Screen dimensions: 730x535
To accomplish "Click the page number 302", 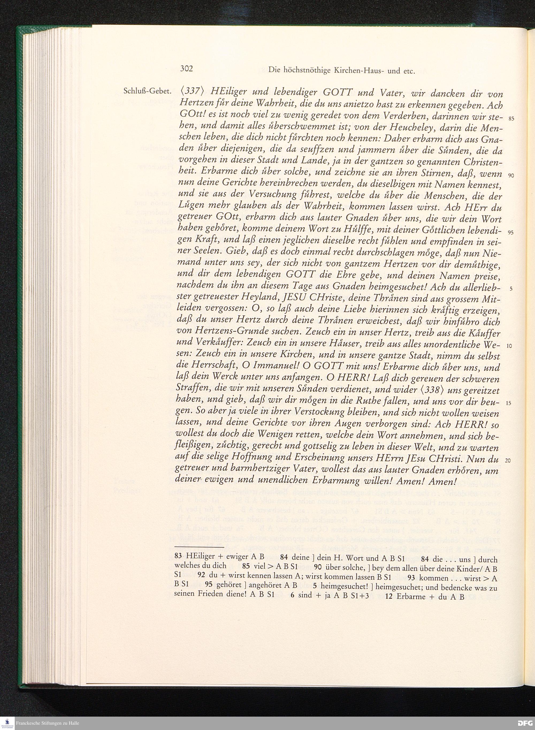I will (x=186, y=69).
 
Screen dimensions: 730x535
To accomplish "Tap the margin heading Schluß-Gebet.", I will (x=147, y=91).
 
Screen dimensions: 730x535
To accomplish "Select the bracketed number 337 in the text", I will (x=192, y=92).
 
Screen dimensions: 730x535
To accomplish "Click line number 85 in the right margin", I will (x=511, y=119).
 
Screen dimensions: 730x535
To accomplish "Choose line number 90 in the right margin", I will (x=511, y=176).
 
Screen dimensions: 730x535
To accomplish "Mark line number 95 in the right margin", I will (x=511, y=233).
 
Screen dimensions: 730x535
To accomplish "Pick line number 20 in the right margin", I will (x=508, y=460).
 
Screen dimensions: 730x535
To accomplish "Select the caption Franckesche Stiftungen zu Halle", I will (x=48, y=723).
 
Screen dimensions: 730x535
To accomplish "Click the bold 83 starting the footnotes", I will (x=178, y=557).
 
